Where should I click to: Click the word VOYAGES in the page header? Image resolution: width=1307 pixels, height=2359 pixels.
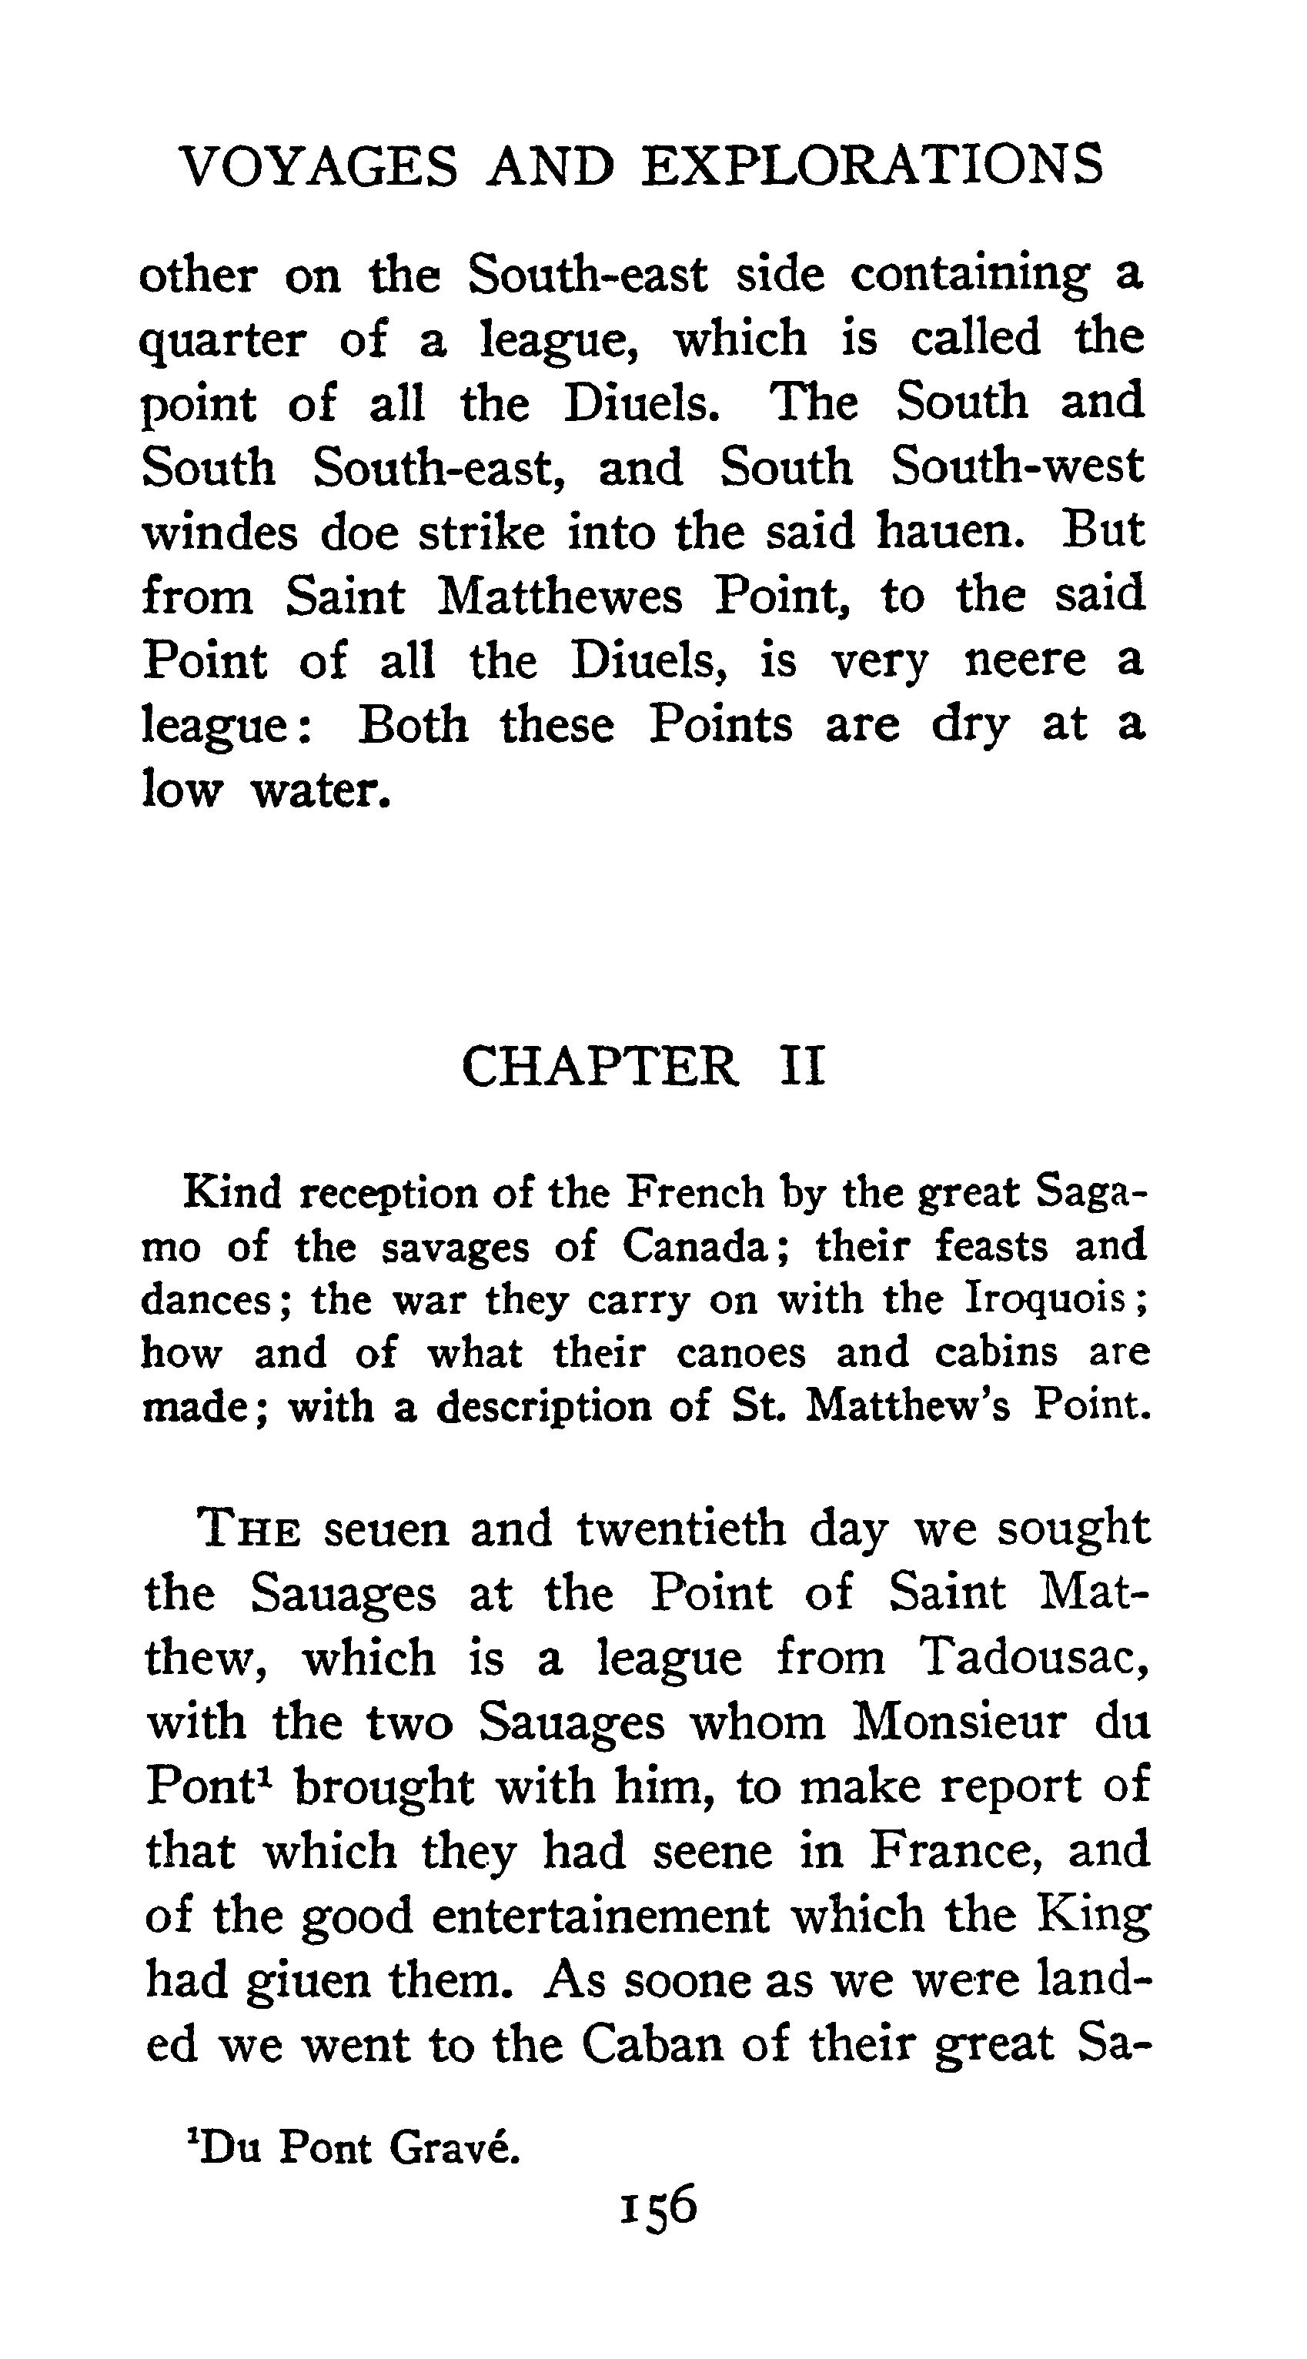[x=317, y=167]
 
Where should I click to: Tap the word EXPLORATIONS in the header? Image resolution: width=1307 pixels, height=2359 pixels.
[x=872, y=167]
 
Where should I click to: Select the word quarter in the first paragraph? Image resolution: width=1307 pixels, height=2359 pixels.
[x=222, y=342]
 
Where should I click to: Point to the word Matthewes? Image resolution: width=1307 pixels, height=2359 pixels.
[x=560, y=597]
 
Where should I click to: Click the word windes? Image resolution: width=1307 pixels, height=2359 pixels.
[x=220, y=533]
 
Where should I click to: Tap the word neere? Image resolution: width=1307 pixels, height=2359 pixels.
[x=1025, y=660]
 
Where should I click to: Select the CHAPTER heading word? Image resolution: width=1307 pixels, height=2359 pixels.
[x=600, y=1067]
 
